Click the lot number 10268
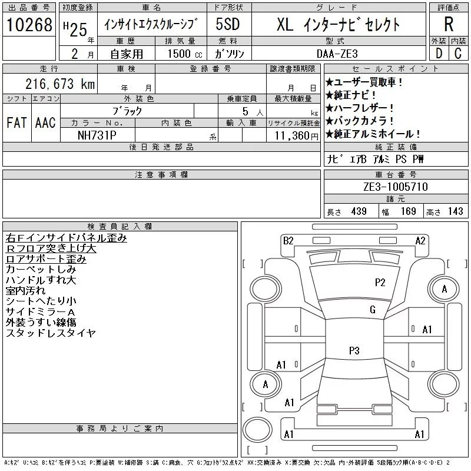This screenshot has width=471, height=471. [29, 25]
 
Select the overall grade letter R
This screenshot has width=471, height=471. [448, 25]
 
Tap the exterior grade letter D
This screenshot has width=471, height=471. [438, 53]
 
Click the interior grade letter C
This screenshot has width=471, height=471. [457, 53]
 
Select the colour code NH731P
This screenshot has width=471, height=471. [97, 135]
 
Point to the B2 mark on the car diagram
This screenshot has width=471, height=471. [288, 240]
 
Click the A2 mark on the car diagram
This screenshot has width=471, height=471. [420, 240]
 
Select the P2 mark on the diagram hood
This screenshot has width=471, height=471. [380, 282]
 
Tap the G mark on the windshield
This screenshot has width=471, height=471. [372, 310]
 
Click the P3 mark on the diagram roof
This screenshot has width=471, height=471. [354, 351]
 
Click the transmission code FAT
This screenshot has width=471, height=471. [16, 122]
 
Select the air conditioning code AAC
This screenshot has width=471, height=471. [45, 122]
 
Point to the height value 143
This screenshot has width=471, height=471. [455, 211]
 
